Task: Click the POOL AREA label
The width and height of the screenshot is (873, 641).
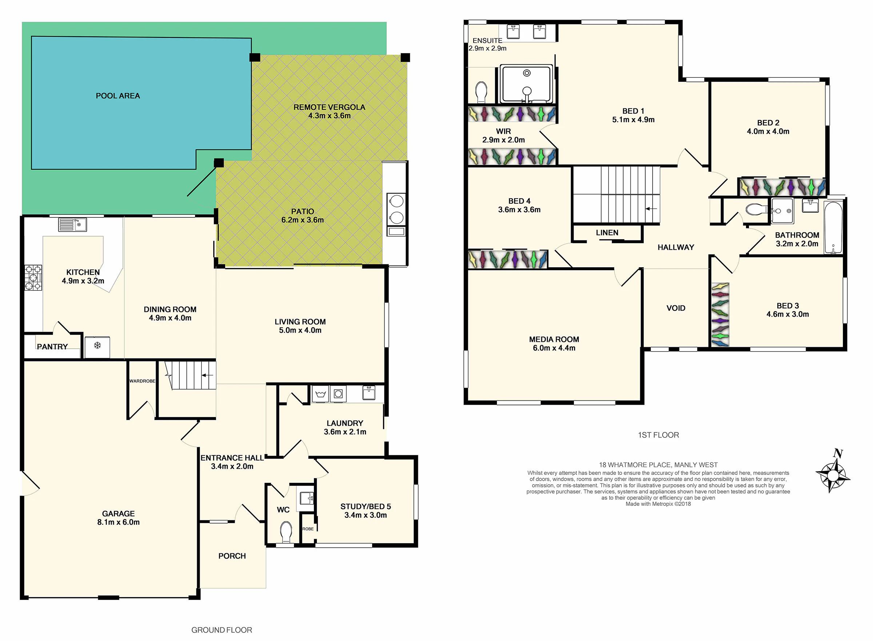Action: [x=117, y=96]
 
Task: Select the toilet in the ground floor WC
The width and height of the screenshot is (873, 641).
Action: [x=286, y=532]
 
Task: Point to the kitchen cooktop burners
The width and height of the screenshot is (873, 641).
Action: [x=33, y=278]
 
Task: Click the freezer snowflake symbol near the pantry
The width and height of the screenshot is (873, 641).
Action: [x=97, y=345]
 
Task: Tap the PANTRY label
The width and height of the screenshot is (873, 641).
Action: [x=52, y=347]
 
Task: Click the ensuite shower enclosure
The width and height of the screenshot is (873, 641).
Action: [x=526, y=84]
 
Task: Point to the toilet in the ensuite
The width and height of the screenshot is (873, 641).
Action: [x=481, y=92]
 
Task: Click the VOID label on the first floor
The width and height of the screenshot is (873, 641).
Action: [x=676, y=308]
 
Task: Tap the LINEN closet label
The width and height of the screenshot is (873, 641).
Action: [x=607, y=233]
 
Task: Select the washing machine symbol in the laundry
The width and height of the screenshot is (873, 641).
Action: [x=338, y=394]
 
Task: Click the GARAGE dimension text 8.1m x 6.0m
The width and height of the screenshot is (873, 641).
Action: [x=118, y=522]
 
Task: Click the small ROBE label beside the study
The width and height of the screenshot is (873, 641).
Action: [x=308, y=529]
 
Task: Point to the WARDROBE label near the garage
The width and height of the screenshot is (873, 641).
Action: [x=142, y=381]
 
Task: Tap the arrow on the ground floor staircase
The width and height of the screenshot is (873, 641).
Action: [x=208, y=375]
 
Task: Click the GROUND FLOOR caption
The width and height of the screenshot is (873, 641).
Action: [x=222, y=630]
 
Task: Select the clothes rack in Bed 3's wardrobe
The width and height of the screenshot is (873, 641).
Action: [x=721, y=315]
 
